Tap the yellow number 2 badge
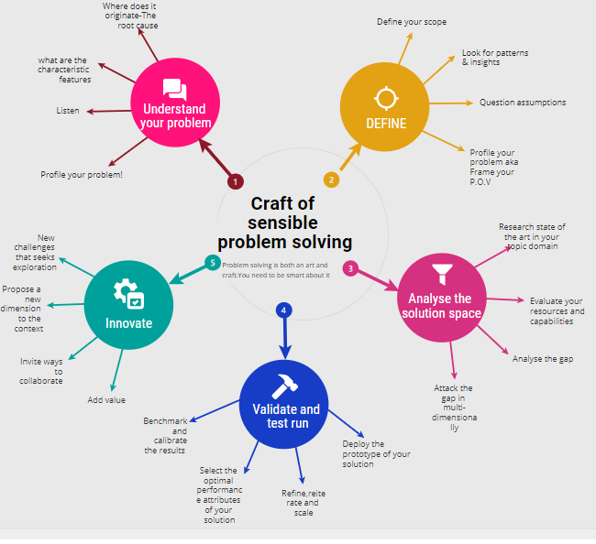tap(332, 180)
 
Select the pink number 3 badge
tap(350, 268)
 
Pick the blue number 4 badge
tap(284, 310)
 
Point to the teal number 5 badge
tap(213, 263)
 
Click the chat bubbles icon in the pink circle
tap(174, 90)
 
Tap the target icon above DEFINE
tap(385, 97)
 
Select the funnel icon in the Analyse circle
tap(442, 272)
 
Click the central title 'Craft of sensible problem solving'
tap(284, 223)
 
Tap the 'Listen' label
tap(68, 111)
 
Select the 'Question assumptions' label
tap(522, 103)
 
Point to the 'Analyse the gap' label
tap(543, 359)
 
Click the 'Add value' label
tap(106, 399)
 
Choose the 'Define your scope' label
tap(412, 21)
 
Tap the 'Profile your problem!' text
tap(82, 174)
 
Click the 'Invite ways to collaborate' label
tap(42, 371)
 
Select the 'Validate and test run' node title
tap(284, 416)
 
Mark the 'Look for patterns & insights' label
tap(494, 57)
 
